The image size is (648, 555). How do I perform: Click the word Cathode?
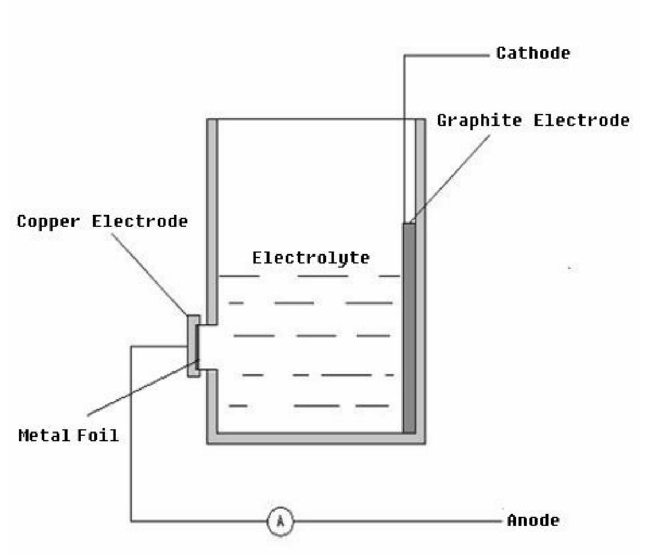point(533,53)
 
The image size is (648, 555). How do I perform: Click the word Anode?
point(533,520)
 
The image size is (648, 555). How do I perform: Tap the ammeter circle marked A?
point(281,521)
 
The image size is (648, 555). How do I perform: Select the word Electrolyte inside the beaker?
point(311,257)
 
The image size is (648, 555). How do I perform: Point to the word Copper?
point(48,221)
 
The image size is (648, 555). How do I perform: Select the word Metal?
point(44,435)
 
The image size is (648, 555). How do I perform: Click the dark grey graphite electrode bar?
point(409,330)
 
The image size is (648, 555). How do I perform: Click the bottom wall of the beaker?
point(316,438)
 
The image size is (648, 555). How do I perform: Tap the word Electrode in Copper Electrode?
point(139,221)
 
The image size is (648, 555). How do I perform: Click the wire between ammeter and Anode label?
point(395,521)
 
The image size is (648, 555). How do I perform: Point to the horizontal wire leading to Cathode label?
point(445,55)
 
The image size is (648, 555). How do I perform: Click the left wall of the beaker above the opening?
point(212,220)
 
